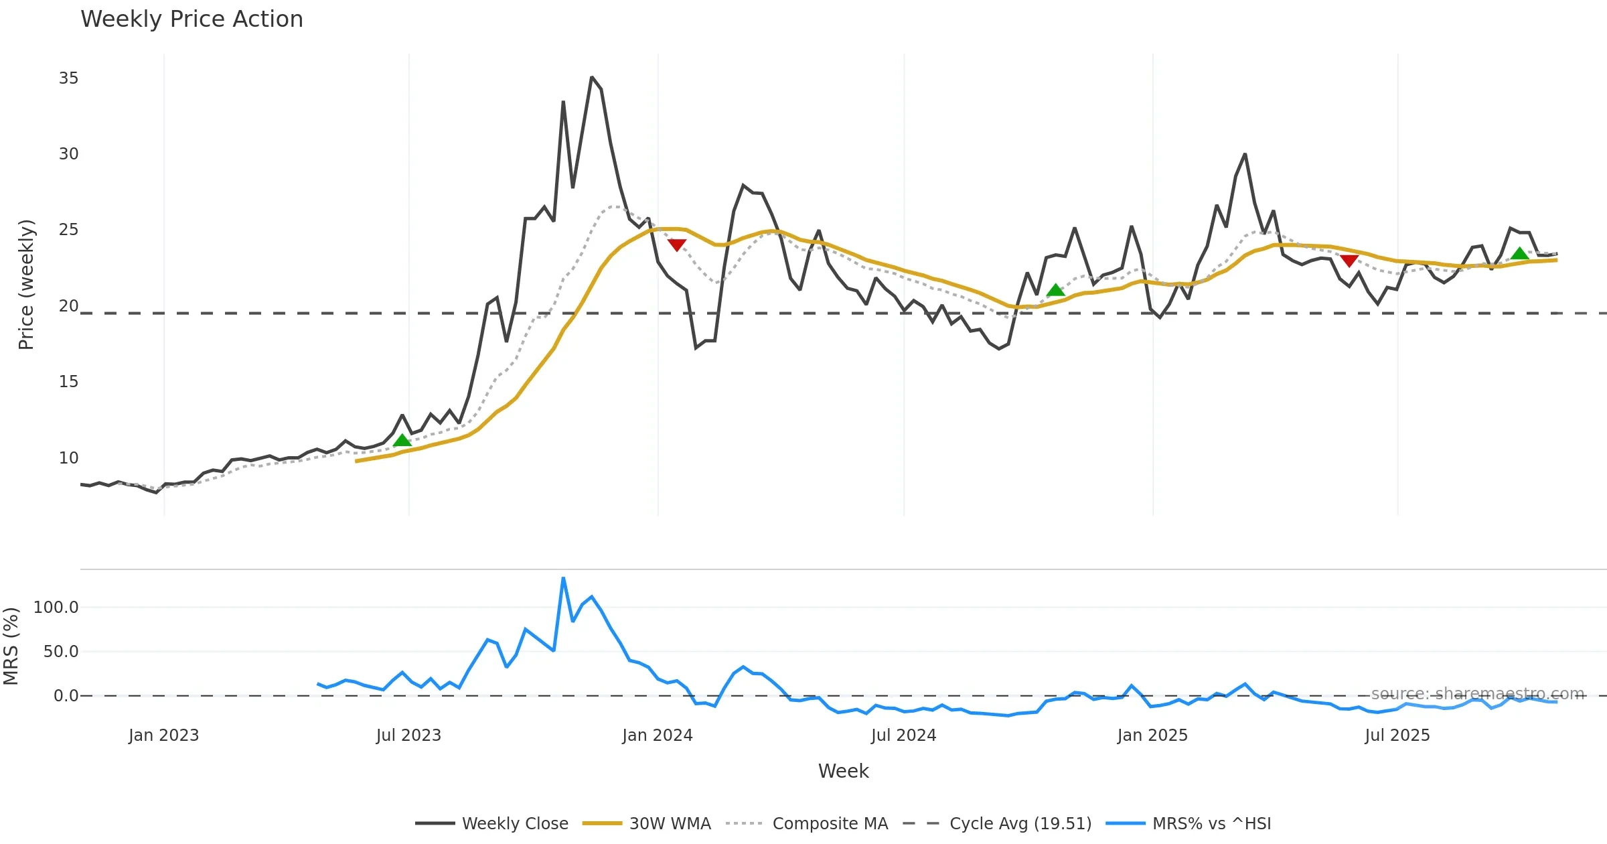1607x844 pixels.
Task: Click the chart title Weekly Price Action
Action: pyautogui.click(x=192, y=19)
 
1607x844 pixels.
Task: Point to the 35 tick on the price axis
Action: pyautogui.click(x=68, y=78)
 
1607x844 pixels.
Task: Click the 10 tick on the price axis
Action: pyautogui.click(x=68, y=458)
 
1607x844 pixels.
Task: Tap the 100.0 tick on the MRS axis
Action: pyautogui.click(x=56, y=608)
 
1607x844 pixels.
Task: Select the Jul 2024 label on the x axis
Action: pyautogui.click(x=903, y=735)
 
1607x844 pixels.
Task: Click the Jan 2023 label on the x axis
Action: pyautogui.click(x=163, y=735)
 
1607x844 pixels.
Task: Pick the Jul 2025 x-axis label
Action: pyautogui.click(x=1397, y=735)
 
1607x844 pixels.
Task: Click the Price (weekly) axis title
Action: pyautogui.click(x=26, y=285)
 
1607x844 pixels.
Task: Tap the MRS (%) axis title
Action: pyautogui.click(x=11, y=646)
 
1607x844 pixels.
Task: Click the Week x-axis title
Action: pyautogui.click(x=843, y=772)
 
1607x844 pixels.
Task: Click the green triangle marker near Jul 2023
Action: pyautogui.click(x=402, y=440)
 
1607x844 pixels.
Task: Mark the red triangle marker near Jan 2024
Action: pyautogui.click(x=677, y=245)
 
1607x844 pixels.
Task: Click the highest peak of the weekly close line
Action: pyautogui.click(x=592, y=78)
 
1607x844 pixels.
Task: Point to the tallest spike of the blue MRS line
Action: pyautogui.click(x=563, y=578)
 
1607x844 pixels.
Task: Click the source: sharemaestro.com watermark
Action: pyautogui.click(x=1478, y=694)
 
